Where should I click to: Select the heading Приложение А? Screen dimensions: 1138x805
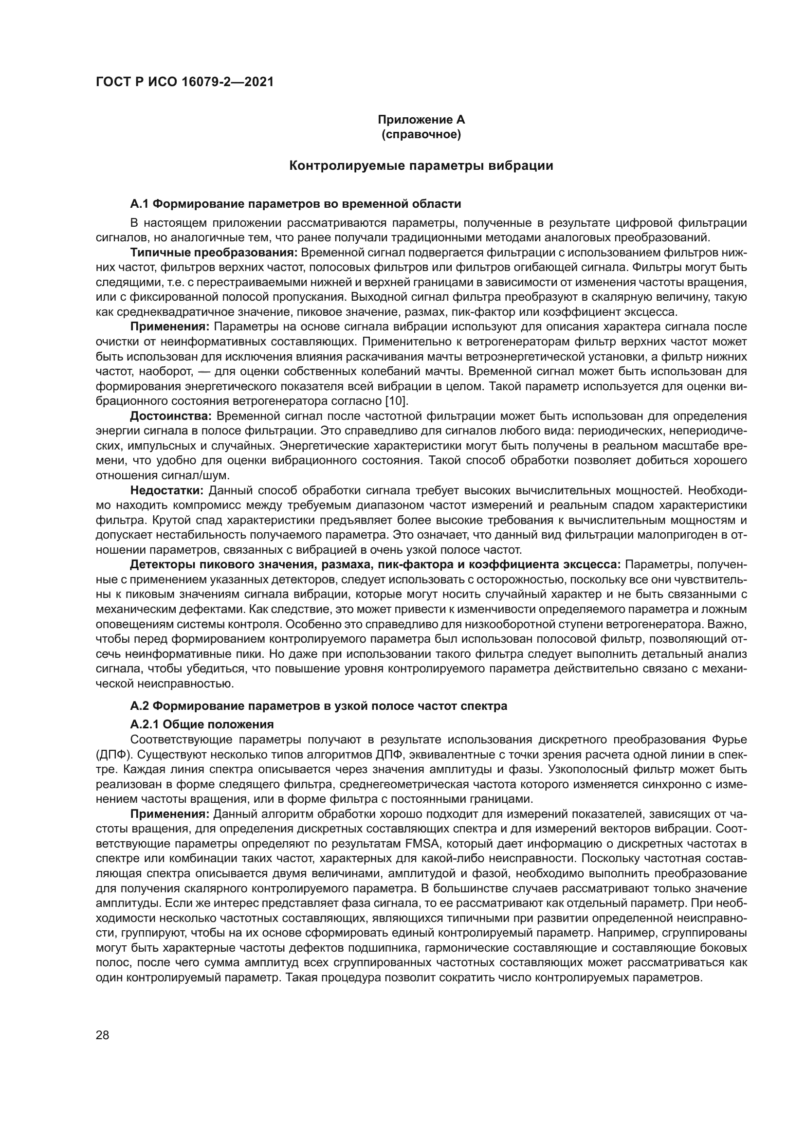pos(421,120)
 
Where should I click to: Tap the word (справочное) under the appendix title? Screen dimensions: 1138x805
pos(421,134)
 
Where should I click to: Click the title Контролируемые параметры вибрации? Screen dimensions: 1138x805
pos(421,166)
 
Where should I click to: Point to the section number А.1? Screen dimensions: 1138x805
pos(140,204)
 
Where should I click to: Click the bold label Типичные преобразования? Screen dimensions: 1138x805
pos(213,253)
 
